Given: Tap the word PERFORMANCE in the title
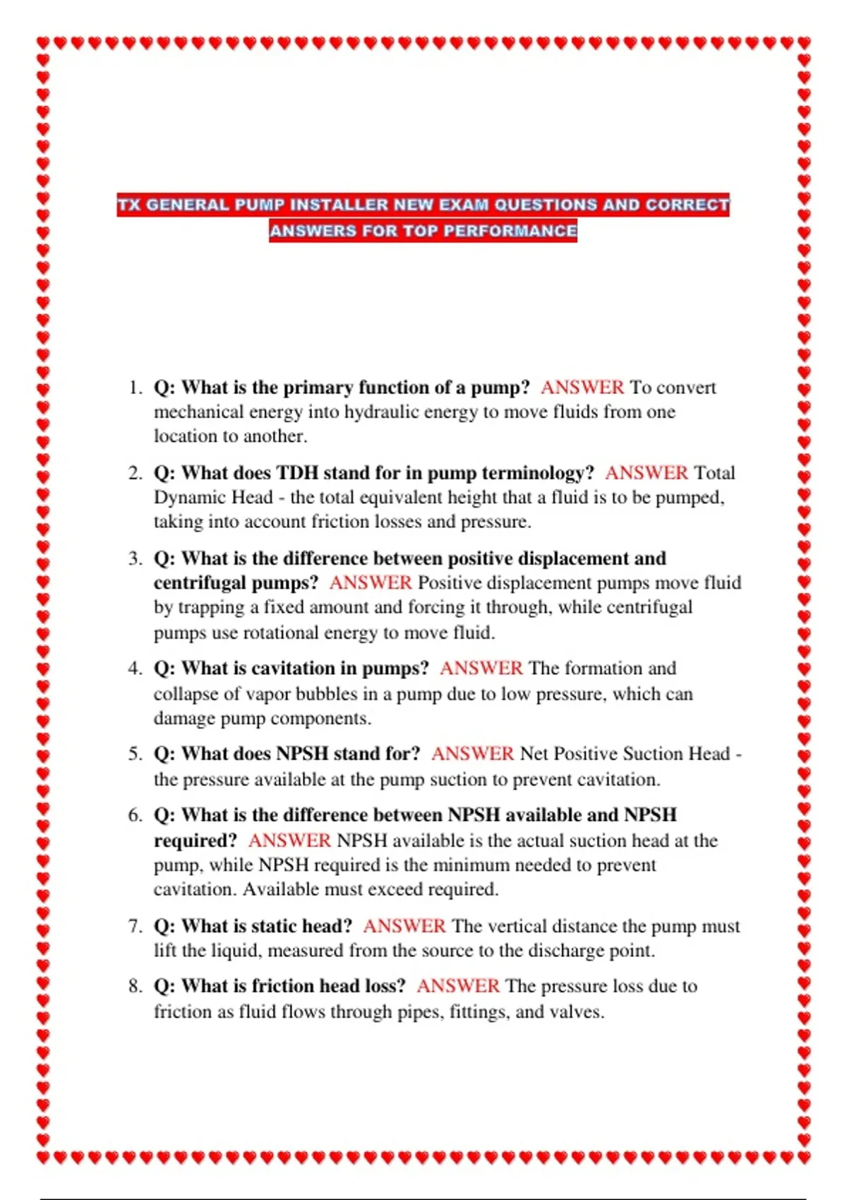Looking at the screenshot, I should coord(510,231).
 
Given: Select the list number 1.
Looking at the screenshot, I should coord(135,388).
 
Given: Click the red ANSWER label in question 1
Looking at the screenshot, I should coord(582,388).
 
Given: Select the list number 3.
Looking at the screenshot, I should coord(135,559).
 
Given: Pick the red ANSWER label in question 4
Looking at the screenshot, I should coord(481,668).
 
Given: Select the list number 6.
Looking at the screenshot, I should coord(135,815).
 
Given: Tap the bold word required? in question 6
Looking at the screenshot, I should coord(196,841).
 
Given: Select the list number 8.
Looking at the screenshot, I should coord(135,986).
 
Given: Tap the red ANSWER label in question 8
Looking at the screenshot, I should coord(457,986).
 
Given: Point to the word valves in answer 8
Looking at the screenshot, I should coord(579,1012).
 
